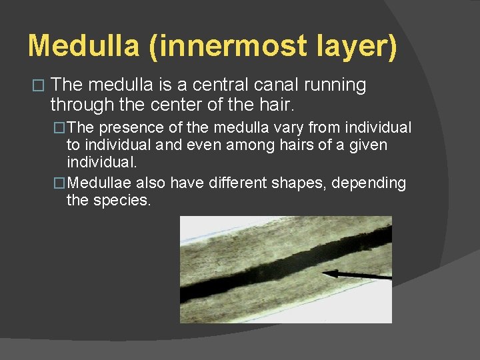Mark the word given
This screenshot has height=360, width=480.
click(365, 145)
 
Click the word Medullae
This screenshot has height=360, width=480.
click(99, 183)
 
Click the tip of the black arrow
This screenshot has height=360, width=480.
click(323, 273)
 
